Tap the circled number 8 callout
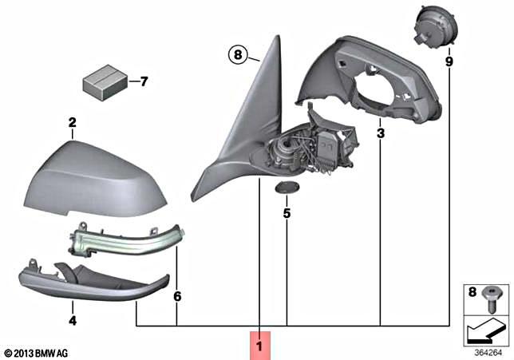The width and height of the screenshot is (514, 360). point(236,55)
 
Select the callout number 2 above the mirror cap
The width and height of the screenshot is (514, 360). point(72,123)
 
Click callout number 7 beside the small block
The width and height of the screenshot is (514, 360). point(144,81)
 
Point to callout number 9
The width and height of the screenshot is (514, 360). point(449,61)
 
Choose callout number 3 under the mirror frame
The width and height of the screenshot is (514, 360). point(381,133)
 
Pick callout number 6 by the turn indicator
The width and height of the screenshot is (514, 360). point(177,296)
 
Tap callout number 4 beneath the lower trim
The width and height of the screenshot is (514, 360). point(72,321)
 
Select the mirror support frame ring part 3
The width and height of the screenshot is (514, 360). point(375,80)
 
